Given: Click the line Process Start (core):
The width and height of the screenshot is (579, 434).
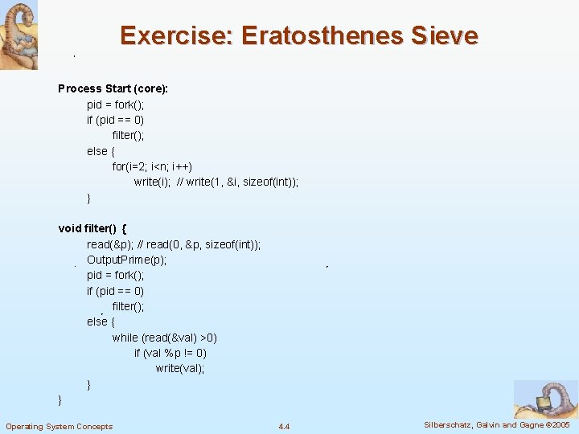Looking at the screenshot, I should [x=113, y=88].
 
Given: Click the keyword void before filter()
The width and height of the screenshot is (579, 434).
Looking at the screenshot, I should [x=70, y=228].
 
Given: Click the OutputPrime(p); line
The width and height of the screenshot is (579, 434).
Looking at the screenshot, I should [x=127, y=260].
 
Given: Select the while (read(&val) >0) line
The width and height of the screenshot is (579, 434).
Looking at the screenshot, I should [x=165, y=338].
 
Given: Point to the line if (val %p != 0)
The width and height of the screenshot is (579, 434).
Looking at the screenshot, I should [x=170, y=353].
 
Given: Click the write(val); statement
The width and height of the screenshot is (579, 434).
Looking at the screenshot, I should [x=180, y=368].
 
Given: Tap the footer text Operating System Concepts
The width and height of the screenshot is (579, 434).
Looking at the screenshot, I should [x=60, y=426].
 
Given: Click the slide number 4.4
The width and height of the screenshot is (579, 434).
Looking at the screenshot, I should [x=284, y=426].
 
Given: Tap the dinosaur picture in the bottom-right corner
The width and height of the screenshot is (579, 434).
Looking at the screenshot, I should [x=545, y=399].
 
